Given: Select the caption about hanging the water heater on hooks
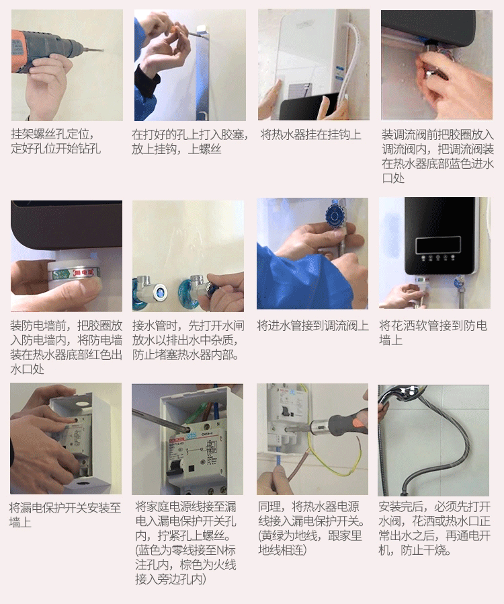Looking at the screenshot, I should click(310, 135).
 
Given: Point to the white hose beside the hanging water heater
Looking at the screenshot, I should click(347, 54).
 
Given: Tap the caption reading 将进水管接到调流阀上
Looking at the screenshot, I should click(312, 326).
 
